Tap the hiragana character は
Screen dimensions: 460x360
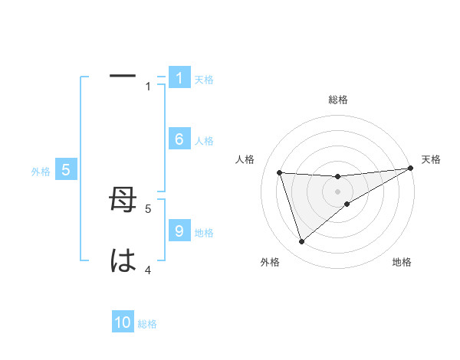pyautogui.click(x=123, y=261)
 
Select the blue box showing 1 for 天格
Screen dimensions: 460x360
pyautogui.click(x=179, y=78)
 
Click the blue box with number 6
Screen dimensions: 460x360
pyautogui.click(x=179, y=139)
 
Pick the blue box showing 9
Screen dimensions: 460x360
pyautogui.click(x=179, y=231)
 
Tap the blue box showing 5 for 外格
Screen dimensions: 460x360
pyautogui.click(x=66, y=171)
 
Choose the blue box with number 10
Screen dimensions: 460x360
pyautogui.click(x=123, y=323)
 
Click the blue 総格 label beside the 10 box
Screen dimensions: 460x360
pyautogui.click(x=147, y=324)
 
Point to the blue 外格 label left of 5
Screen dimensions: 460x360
pyautogui.click(x=41, y=172)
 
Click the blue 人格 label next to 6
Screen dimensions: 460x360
pyautogui.click(x=204, y=140)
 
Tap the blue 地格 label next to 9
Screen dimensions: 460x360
pyautogui.click(x=204, y=232)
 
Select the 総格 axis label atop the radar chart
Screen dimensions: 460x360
pyautogui.click(x=337, y=100)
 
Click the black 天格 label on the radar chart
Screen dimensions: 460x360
pyautogui.click(x=431, y=159)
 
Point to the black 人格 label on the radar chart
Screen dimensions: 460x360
pyautogui.click(x=245, y=159)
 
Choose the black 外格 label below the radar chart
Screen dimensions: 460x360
pyautogui.click(x=270, y=262)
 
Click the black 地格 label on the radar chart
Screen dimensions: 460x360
pyautogui.click(x=402, y=262)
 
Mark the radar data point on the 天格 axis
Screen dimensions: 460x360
pyautogui.click(x=410, y=168)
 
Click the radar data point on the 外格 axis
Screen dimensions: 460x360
pyautogui.click(x=301, y=242)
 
